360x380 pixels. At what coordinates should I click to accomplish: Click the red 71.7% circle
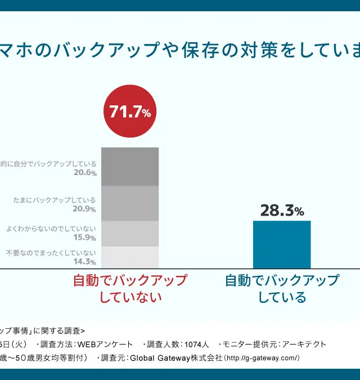130,112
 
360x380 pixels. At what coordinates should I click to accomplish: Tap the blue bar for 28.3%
282,244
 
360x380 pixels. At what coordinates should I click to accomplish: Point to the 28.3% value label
282,211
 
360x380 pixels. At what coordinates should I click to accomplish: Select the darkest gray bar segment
130,167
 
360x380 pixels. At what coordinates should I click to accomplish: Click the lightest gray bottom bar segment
130,257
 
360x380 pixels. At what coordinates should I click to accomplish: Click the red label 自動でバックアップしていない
130,288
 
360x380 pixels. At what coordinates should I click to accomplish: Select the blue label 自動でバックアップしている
282,288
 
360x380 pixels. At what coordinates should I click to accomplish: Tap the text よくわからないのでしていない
51,229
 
